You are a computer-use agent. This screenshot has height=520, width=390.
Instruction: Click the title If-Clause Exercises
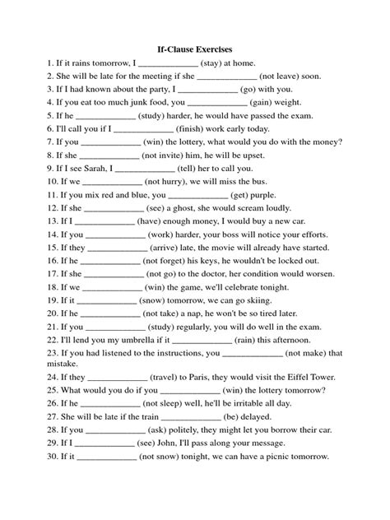pyautogui.click(x=195, y=49)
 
